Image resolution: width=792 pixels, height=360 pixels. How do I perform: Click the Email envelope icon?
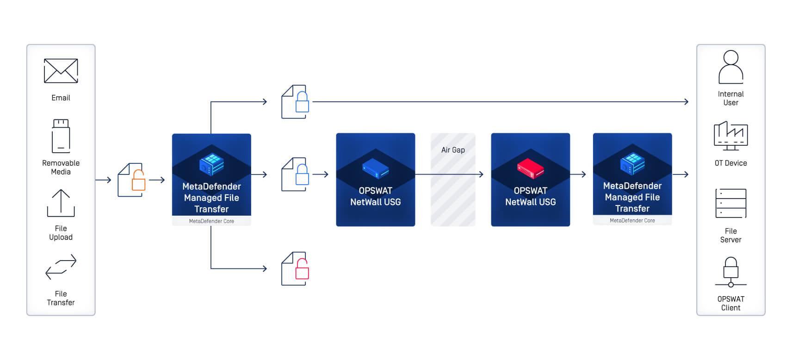pyautogui.click(x=61, y=71)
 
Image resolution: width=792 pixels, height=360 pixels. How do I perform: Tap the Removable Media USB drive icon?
pyautogui.click(x=61, y=136)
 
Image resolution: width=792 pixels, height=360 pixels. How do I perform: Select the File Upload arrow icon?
pyautogui.click(x=61, y=203)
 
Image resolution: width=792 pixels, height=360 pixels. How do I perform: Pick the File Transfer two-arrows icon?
pyautogui.click(x=61, y=267)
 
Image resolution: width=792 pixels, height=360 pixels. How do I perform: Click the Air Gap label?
pyautogui.click(x=453, y=150)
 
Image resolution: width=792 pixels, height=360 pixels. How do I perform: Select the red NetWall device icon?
pyautogui.click(x=530, y=168)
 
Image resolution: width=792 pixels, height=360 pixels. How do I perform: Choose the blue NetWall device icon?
pyautogui.click(x=375, y=168)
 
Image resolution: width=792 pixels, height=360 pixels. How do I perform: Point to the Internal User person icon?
pyautogui.click(x=730, y=67)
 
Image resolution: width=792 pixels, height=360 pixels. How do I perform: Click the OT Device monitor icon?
pyautogui.click(x=730, y=136)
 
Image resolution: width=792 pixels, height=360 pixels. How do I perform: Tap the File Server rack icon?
pyautogui.click(x=730, y=203)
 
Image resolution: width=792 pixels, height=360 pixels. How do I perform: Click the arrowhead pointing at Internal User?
pyautogui.click(x=687, y=102)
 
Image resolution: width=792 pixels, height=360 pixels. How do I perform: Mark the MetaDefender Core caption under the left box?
pyautogui.click(x=211, y=221)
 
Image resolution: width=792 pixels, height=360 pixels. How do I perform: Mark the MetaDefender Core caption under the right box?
pyautogui.click(x=632, y=221)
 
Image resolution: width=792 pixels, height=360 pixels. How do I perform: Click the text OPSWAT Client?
pyautogui.click(x=730, y=304)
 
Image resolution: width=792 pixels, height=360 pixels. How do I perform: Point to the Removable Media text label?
pyautogui.click(x=61, y=168)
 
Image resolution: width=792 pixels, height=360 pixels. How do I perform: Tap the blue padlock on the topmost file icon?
pyautogui.click(x=302, y=103)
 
